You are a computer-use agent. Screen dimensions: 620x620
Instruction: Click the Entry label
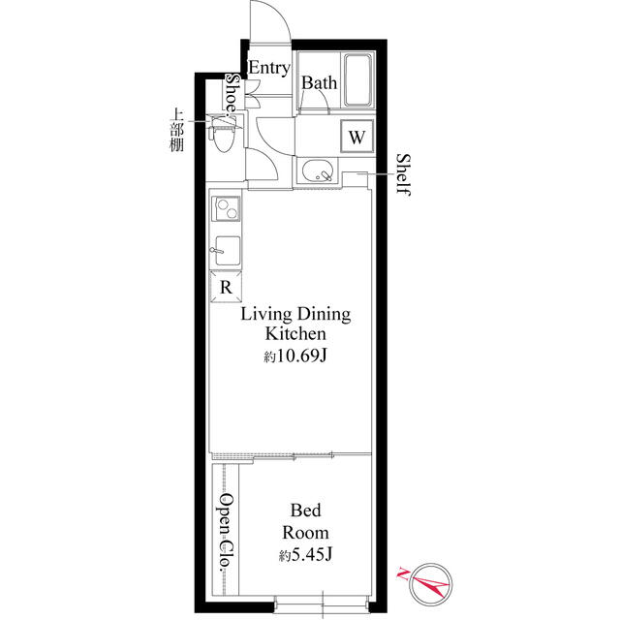[x=269, y=68]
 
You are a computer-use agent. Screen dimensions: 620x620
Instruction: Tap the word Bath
[x=319, y=83]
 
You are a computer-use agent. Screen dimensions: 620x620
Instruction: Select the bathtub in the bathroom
[x=357, y=79]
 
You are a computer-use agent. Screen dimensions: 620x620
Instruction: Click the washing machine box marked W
[x=357, y=136]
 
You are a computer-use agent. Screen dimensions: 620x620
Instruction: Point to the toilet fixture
[x=223, y=133]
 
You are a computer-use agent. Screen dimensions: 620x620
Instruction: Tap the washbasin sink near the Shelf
[x=318, y=170]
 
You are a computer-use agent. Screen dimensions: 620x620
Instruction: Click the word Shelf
[x=403, y=174]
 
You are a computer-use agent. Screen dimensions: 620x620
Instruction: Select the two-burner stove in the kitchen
[x=226, y=209]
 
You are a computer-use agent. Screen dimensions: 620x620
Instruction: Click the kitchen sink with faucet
[x=227, y=251]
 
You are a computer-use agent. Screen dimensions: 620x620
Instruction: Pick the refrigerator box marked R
[x=226, y=287]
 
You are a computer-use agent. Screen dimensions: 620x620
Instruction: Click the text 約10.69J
[x=295, y=356]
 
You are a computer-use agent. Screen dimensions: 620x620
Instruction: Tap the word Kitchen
[x=295, y=333]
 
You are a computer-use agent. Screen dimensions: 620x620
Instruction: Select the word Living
[x=266, y=315]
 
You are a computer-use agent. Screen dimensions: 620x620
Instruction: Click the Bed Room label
[x=305, y=521]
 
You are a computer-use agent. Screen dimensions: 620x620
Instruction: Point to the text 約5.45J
[x=305, y=555]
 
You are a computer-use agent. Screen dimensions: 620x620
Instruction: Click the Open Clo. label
[x=227, y=532]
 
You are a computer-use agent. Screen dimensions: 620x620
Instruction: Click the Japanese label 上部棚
[x=176, y=130]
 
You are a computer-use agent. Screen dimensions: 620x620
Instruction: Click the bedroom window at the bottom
[x=323, y=605]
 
